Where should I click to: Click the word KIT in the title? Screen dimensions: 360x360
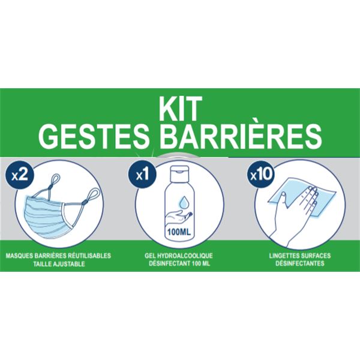click(x=181, y=109)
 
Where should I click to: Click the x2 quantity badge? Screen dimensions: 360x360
click(x=20, y=176)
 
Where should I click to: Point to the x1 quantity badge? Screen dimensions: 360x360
click(x=142, y=176)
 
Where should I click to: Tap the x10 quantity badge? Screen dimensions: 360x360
click(x=261, y=176)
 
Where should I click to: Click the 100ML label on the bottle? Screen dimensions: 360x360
click(x=179, y=232)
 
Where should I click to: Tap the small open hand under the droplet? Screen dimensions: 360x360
click(x=179, y=217)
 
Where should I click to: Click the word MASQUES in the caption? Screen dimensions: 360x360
click(x=20, y=256)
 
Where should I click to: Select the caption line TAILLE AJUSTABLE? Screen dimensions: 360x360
click(x=59, y=264)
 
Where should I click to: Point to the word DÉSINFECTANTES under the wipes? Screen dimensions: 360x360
click(x=300, y=263)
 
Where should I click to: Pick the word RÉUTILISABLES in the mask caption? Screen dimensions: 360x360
click(x=90, y=255)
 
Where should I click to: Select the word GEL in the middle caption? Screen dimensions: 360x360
click(x=150, y=256)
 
